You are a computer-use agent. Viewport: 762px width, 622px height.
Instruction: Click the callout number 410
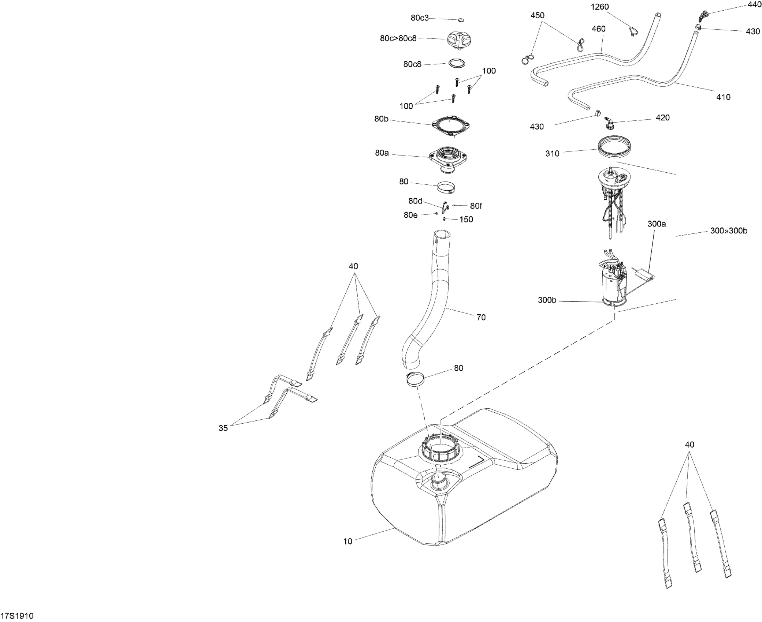tap(723, 97)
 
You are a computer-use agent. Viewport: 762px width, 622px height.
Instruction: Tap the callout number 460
tap(598, 29)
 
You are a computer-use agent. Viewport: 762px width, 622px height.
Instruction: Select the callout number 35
tap(223, 428)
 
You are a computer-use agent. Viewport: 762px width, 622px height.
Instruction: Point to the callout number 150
tap(466, 220)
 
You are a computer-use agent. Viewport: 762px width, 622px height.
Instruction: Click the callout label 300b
tap(547, 300)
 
